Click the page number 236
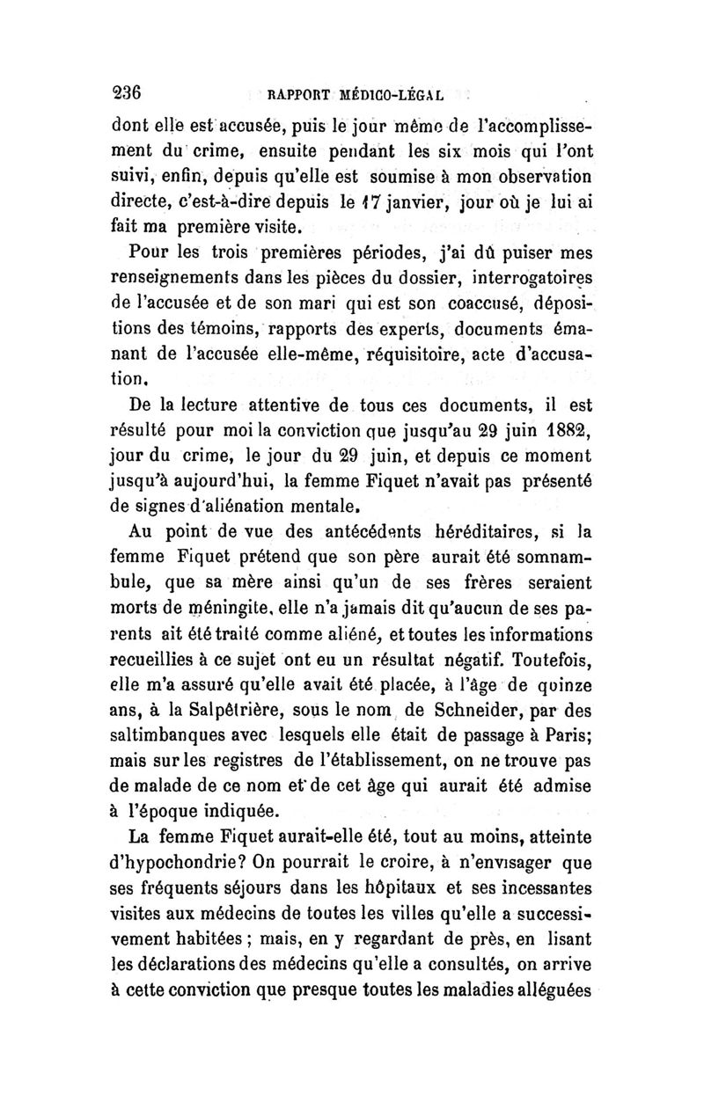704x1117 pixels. tap(129, 92)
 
